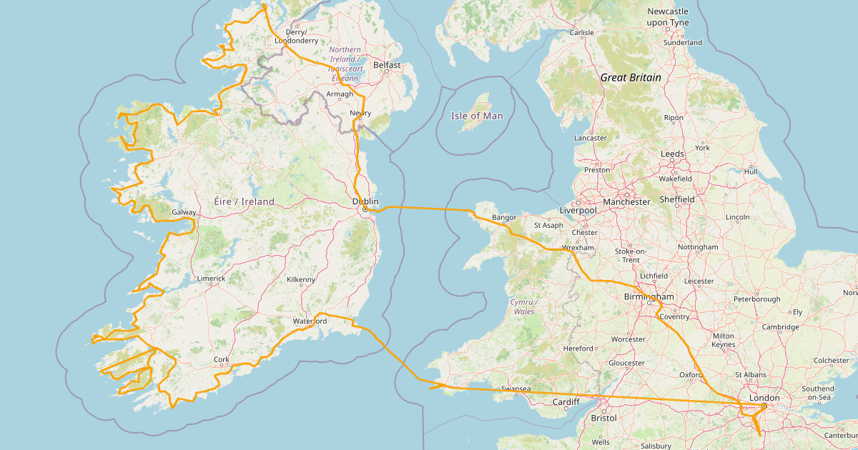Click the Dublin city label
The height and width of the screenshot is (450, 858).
[365, 201]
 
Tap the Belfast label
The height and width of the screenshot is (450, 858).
[387, 65]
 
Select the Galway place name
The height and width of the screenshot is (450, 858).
[184, 213]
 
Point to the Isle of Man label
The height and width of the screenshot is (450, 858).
[477, 116]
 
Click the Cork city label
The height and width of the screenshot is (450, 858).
[220, 360]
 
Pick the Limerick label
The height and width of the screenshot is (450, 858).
[212, 279]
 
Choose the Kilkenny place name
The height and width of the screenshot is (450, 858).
[301, 279]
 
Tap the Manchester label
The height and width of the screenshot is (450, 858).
[626, 201]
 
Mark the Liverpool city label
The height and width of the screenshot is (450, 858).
[578, 211]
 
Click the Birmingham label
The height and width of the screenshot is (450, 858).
[649, 296]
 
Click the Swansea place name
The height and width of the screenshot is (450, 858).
[516, 389]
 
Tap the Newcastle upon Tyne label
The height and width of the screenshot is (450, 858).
[668, 17]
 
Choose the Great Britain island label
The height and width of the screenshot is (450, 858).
[631, 77]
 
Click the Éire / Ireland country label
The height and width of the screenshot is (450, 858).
[244, 202]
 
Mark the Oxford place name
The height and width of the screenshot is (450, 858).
[691, 374]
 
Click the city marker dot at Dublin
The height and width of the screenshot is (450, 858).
[365, 210]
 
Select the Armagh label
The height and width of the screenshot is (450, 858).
[340, 94]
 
